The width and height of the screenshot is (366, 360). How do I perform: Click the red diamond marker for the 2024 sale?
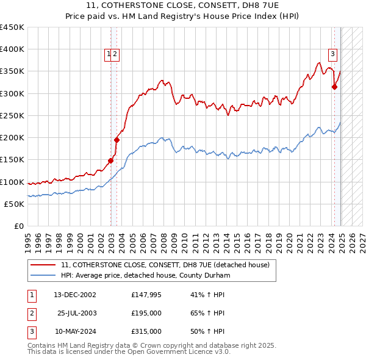[334, 87]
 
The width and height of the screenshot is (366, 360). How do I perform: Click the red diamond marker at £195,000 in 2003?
[117, 140]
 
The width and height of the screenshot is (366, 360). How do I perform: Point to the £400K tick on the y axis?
[12, 49]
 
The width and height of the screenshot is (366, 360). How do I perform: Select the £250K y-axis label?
[12, 115]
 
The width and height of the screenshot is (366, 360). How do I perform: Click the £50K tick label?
[15, 204]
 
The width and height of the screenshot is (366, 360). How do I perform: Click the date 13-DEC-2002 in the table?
[74, 295]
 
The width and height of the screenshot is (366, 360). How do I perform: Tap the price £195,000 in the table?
[146, 314]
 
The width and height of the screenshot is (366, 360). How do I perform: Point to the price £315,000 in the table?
[146, 332]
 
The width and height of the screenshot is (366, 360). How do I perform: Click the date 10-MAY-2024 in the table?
[75, 332]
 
